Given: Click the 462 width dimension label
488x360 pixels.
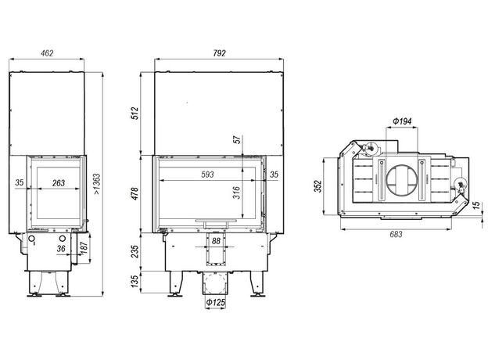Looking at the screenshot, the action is point(47,53).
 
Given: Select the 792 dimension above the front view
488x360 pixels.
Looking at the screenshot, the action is point(220,53).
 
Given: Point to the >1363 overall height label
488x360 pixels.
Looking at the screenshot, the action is point(97,184).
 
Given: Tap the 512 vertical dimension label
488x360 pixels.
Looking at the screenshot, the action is point(135,113).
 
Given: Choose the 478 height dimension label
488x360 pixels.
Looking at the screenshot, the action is point(135,193).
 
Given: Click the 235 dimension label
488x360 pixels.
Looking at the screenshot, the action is point(135,251).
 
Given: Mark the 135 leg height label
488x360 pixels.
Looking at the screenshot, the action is point(135,282).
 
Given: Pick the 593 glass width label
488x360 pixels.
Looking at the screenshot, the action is point(207,175).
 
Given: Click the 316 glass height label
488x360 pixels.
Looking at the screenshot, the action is point(237,193).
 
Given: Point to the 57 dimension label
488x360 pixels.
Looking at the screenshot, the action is point(237,139).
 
